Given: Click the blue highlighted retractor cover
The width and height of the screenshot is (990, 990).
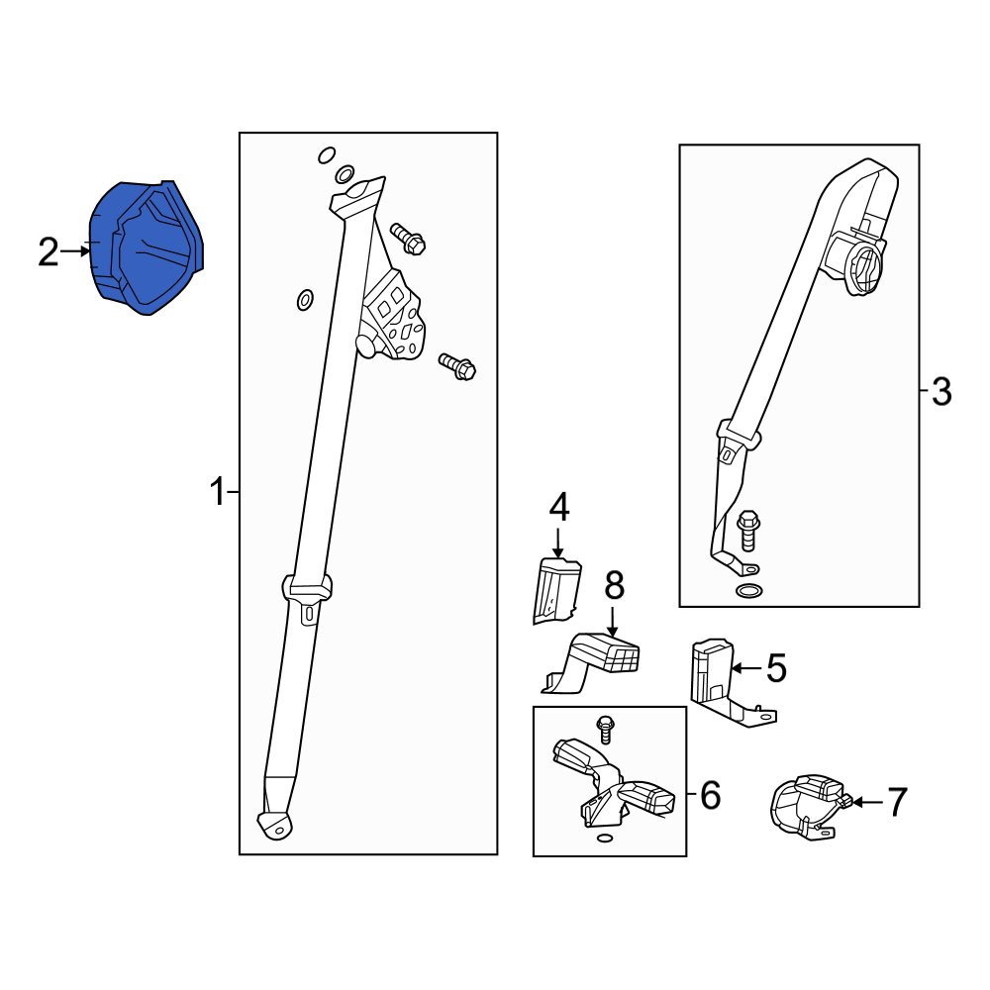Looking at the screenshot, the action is pos(147,247).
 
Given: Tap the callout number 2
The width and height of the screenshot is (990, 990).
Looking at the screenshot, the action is pos(49,252).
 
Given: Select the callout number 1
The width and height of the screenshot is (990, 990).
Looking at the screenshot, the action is pos(219,492).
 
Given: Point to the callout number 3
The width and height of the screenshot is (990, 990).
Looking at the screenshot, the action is pos(940,392).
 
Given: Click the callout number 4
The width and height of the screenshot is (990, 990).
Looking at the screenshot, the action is pos(559,508).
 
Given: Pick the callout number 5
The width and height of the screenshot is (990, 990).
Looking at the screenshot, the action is pos(776,668).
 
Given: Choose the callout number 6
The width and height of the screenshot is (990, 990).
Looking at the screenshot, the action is pos(710,795).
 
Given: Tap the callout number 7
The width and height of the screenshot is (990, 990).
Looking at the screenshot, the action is pos(897,803).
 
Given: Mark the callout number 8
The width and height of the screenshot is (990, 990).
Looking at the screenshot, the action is pos(615,585).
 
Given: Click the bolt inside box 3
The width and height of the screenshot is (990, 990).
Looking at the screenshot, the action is pos(748,529).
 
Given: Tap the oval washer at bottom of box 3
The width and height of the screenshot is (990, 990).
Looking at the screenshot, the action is pos(748,592).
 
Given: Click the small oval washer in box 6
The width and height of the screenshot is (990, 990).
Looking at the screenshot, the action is pos(604,839).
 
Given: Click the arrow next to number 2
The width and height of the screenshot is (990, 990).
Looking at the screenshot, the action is pos(75,251).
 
